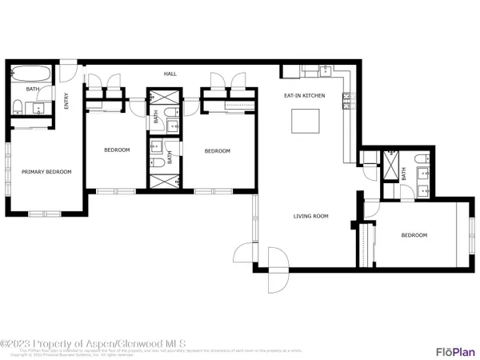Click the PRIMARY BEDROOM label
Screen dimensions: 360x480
[46, 171]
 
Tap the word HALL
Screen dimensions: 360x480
[170, 74]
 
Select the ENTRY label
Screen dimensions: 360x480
[66, 101]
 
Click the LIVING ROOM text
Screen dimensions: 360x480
[311, 215]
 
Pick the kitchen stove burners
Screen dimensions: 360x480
[346, 100]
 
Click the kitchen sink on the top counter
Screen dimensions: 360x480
[326, 71]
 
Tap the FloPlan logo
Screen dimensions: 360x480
[451, 350]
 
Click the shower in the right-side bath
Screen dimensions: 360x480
[390, 166]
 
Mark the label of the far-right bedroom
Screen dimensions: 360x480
[414, 235]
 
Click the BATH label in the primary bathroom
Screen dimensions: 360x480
[32, 90]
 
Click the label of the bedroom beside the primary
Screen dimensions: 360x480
[118, 150]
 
